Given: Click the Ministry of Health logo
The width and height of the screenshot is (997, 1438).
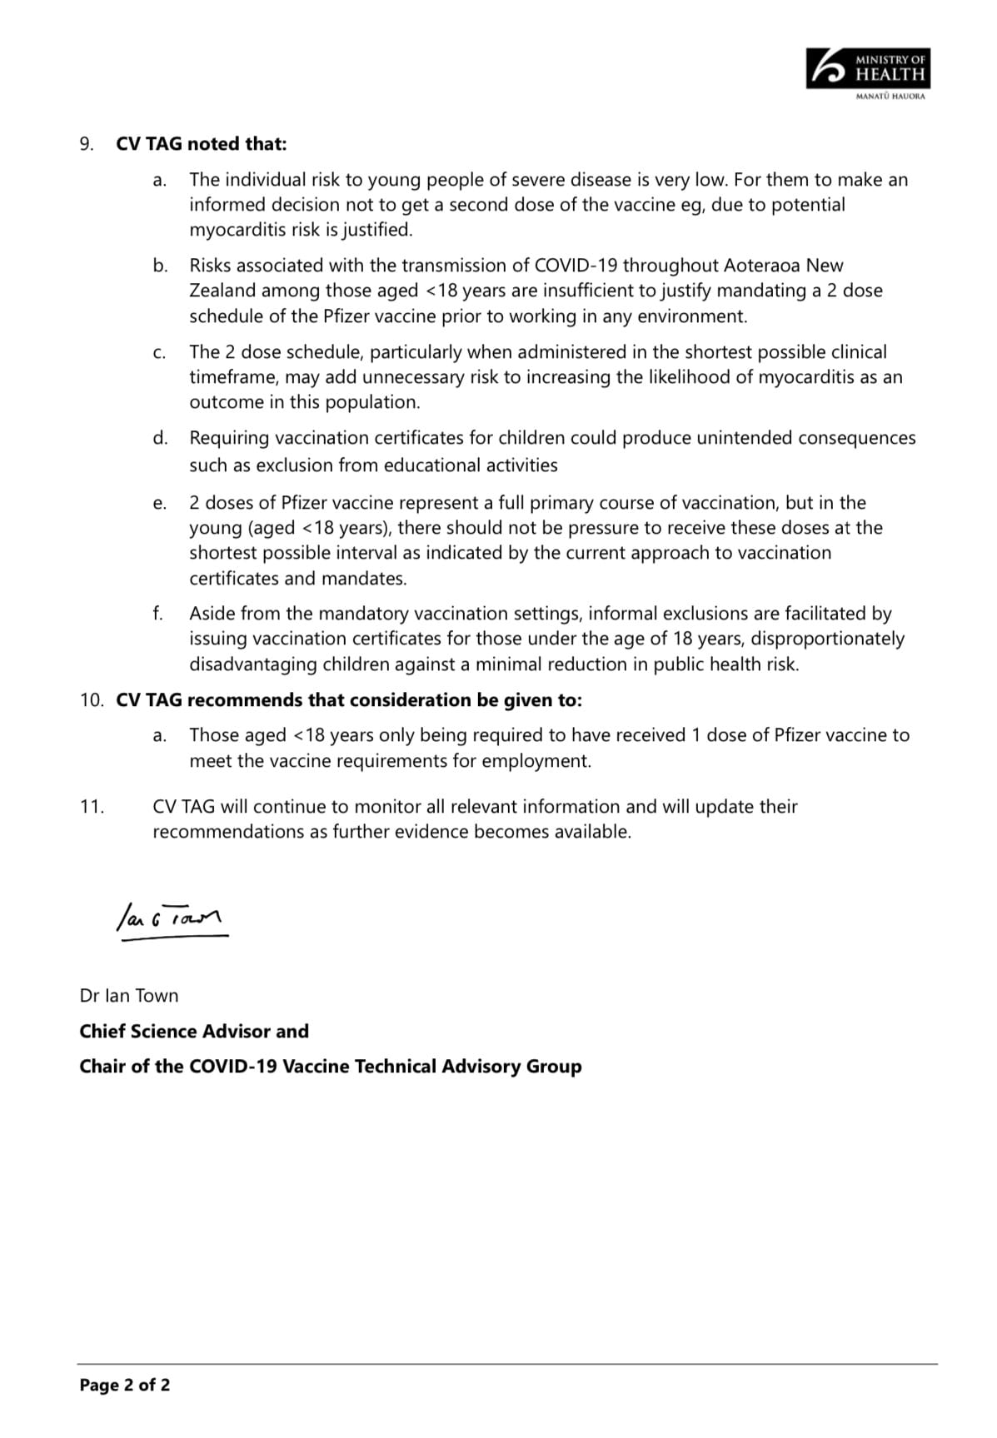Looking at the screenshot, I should point(867,68).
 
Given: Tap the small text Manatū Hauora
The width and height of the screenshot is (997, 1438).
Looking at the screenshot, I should point(890,97).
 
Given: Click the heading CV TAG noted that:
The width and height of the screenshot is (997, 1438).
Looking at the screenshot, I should point(201,144).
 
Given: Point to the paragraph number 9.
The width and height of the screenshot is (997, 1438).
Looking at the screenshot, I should point(86,144).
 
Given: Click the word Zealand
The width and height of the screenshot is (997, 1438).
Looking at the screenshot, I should point(222,291).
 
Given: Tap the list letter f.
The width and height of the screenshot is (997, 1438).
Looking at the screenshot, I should point(157,614).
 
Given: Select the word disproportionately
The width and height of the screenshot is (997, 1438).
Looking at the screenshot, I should point(828,639).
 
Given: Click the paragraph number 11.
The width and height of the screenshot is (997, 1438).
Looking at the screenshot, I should point(92,807).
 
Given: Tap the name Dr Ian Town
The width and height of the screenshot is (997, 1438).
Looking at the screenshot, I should point(128,996).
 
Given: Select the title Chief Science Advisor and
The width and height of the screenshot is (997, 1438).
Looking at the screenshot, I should point(193,1032).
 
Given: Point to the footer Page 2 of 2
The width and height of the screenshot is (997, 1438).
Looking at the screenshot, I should point(124,1386).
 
